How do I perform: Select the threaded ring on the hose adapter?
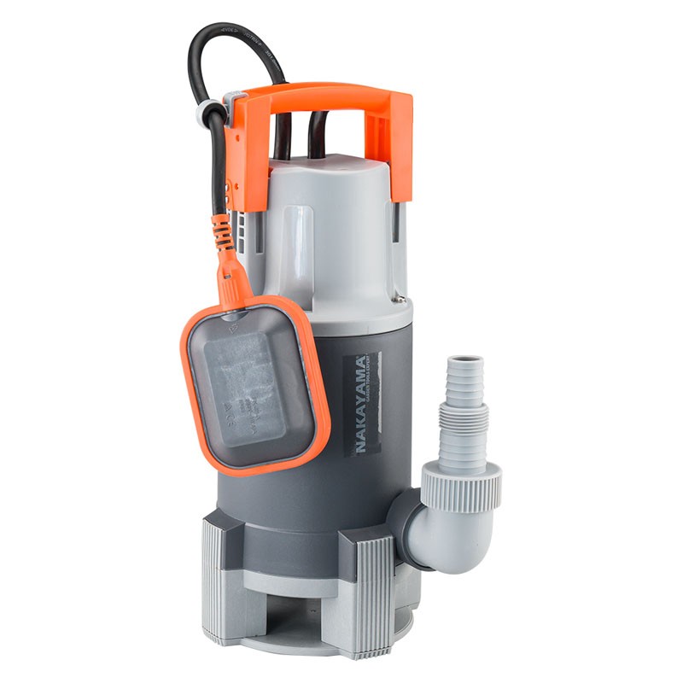pyautogui.click(x=464, y=418)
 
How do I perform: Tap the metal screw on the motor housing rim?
pyautogui.click(x=398, y=300)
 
